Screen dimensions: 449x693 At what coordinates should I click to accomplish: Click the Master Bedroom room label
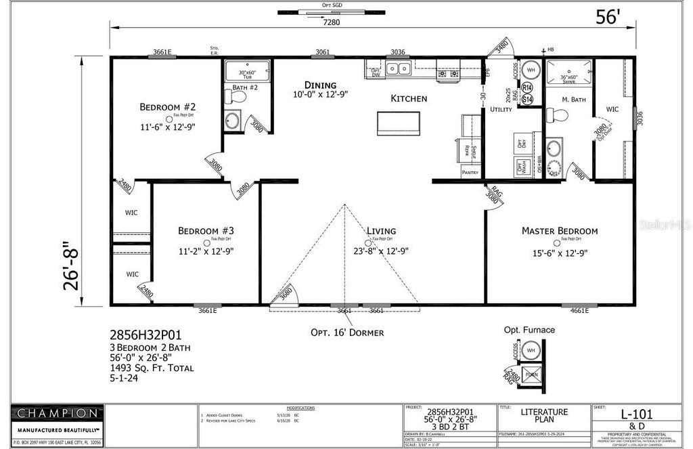tap(559, 231)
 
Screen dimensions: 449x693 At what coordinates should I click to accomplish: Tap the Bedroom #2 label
tap(167, 107)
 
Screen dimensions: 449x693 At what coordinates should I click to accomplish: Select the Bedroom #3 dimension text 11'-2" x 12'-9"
tap(206, 252)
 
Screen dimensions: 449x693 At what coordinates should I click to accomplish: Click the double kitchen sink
tap(398, 68)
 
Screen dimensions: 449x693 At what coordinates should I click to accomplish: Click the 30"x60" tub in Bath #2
tap(247, 71)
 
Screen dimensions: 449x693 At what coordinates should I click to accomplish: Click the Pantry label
tap(470, 173)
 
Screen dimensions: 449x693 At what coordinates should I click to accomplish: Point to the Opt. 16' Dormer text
tap(347, 333)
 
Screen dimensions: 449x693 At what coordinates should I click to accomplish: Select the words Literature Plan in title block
tap(544, 416)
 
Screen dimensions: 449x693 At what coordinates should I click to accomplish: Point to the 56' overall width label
tap(607, 18)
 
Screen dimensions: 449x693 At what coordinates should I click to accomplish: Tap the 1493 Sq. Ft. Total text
tap(152, 368)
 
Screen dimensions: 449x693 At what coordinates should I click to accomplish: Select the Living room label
tap(381, 231)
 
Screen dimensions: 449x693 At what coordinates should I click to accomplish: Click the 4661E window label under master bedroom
tap(575, 310)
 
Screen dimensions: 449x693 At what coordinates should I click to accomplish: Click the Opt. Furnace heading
tap(529, 330)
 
